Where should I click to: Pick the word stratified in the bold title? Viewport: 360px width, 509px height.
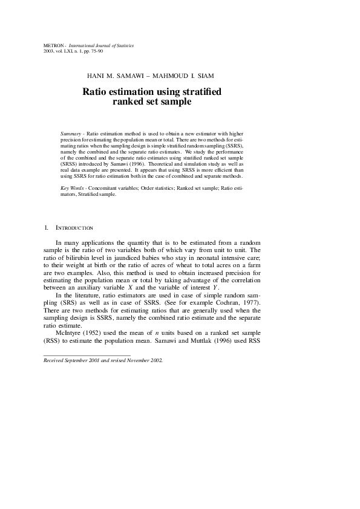point(200,92)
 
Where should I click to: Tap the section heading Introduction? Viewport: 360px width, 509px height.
point(74,228)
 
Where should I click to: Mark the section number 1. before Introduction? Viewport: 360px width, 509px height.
point(46,228)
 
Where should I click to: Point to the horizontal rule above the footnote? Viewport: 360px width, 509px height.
point(87,355)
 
